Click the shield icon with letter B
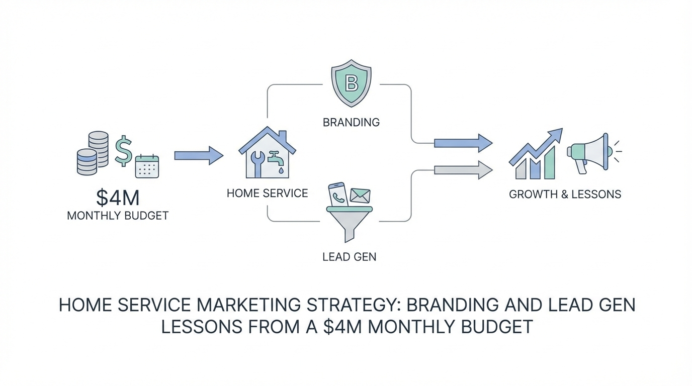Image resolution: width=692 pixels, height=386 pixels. click(351, 83)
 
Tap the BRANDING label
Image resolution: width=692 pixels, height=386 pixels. click(351, 123)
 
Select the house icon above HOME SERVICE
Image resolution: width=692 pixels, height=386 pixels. click(267, 152)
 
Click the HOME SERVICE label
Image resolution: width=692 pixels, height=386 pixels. click(267, 194)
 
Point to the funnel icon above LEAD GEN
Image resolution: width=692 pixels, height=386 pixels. click(350, 224)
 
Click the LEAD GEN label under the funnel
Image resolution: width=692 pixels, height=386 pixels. click(350, 257)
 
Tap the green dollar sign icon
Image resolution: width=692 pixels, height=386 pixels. click(124, 151)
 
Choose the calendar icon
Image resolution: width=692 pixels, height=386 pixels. click(147, 166)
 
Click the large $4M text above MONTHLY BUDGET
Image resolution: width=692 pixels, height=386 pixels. click(118, 198)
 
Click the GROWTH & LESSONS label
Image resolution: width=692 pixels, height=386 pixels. click(565, 194)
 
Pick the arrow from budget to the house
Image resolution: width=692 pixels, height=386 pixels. click(199, 156)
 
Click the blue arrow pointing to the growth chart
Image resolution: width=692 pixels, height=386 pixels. click(463, 143)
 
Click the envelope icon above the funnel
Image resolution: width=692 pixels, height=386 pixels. click(360, 196)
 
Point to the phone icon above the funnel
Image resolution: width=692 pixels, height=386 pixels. click(338, 195)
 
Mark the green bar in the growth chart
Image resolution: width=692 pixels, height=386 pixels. click(550, 163)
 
